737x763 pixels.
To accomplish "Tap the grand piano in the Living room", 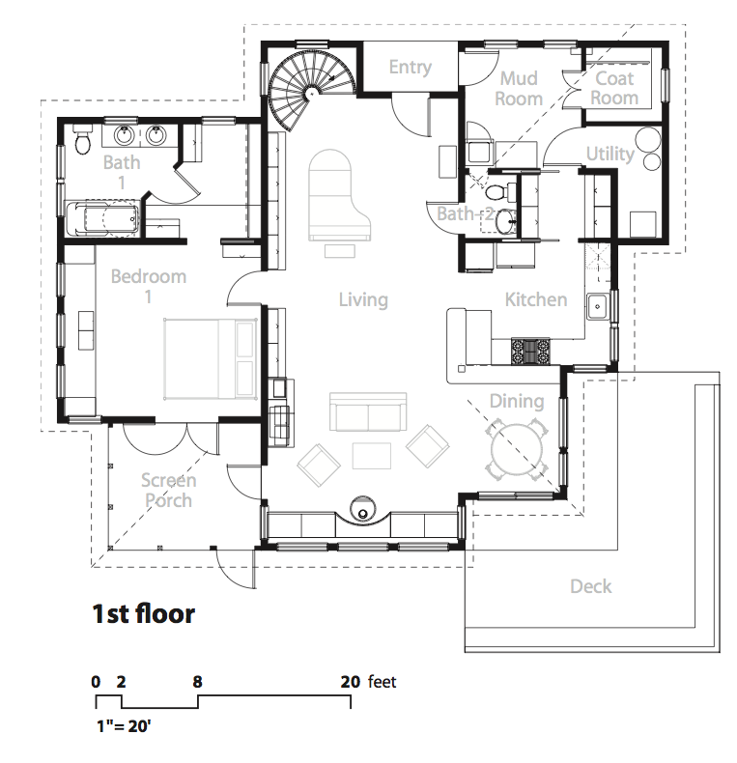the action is coord(338,195).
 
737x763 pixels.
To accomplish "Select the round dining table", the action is coord(517,449).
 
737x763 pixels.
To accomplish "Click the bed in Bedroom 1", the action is coord(211,359).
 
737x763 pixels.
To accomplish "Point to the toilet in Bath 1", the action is coord(82,139).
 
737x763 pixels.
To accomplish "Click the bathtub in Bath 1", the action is coord(102,218).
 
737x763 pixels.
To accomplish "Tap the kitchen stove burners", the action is coord(530,352).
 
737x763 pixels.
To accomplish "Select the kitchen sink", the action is coord(597,306).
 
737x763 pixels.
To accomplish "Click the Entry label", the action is coord(410,68).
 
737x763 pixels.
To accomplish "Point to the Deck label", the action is coord(590,586).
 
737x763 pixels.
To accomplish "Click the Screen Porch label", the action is coord(168,491).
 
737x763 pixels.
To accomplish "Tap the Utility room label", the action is coord(609,154).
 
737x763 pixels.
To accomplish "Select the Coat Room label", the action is coord(614,88).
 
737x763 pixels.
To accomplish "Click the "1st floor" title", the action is coord(144,613).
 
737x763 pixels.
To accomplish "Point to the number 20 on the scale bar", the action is coord(350,682).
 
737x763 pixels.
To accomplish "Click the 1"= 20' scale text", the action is coord(124,726).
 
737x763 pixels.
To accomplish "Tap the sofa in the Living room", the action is coord(368,411).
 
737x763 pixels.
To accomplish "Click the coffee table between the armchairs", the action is coord(372,456).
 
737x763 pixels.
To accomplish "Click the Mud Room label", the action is coord(519,89).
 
